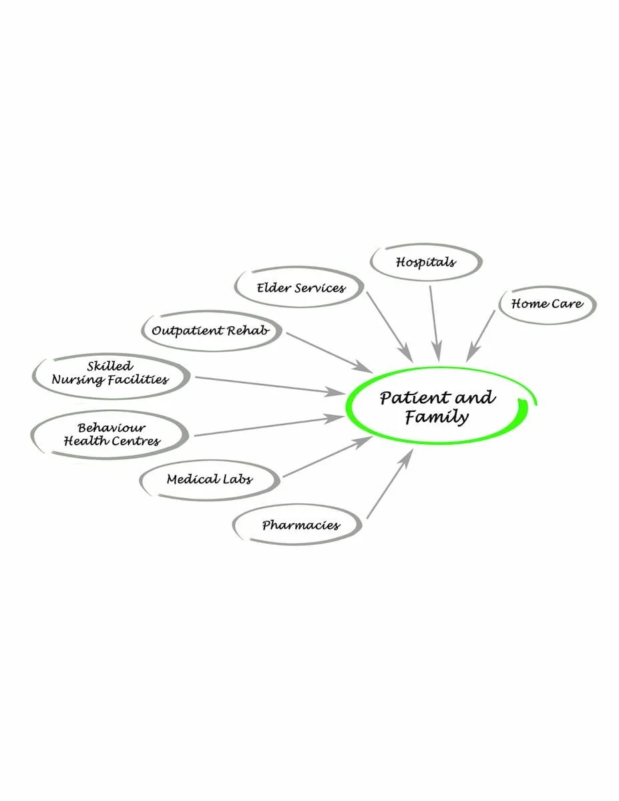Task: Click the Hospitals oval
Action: pyautogui.click(x=425, y=262)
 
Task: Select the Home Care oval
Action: pyautogui.click(x=547, y=304)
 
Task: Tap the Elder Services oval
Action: pyautogui.click(x=300, y=288)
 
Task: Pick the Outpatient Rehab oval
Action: pyautogui.click(x=210, y=331)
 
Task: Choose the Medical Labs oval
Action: pyautogui.click(x=210, y=479)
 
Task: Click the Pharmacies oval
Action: pyautogui.click(x=300, y=525)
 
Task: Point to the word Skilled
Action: pyautogui.click(x=110, y=366)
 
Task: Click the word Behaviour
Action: pyautogui.click(x=111, y=428)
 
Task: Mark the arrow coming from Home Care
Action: pyautogui.click(x=482, y=334)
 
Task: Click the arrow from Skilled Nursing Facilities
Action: pyautogui.click(x=267, y=385)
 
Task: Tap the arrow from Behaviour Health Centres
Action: pyautogui.click(x=267, y=427)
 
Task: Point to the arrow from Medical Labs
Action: pyautogui.click(x=327, y=457)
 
